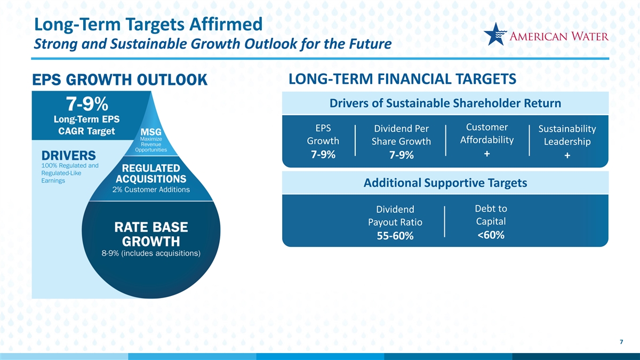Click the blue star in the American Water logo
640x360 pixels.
click(495, 35)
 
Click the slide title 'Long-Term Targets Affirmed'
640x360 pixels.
click(148, 25)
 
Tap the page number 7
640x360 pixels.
click(621, 342)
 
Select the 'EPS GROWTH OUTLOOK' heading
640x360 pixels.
click(119, 79)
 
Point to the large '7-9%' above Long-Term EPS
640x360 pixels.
click(87, 103)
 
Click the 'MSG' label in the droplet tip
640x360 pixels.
click(151, 132)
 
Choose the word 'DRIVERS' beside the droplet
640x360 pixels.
click(69, 156)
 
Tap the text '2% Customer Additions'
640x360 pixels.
click(151, 190)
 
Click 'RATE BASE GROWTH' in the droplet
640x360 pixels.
click(151, 234)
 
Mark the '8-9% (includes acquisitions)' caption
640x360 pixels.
click(151, 253)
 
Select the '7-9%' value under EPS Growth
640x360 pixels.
click(323, 155)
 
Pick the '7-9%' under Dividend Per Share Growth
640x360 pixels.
click(402, 155)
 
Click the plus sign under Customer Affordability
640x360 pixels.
click(487, 154)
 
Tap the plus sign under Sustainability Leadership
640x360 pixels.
click(567, 155)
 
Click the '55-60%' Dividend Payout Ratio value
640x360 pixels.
click(395, 236)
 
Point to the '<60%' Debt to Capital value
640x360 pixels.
click(491, 235)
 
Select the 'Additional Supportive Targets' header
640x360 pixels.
click(445, 183)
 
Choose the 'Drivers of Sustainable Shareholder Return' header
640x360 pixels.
click(445, 103)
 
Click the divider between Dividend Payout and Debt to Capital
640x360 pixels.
click(445, 222)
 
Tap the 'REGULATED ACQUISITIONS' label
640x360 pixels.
click(151, 173)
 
